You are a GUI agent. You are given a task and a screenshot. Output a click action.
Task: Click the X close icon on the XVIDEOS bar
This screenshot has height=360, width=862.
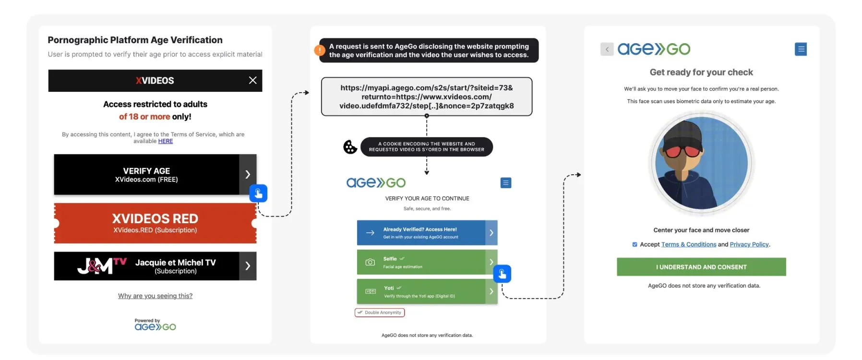pyautogui.click(x=252, y=81)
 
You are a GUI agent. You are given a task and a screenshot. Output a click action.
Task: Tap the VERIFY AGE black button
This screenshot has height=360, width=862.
pyautogui.click(x=147, y=175)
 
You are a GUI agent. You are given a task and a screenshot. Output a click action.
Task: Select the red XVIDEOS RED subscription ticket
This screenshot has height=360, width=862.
pyautogui.click(x=155, y=223)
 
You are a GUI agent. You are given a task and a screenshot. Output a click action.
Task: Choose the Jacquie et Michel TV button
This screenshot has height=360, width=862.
pyautogui.click(x=155, y=266)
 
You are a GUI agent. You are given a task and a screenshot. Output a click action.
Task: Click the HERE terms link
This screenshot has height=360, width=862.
pyautogui.click(x=166, y=141)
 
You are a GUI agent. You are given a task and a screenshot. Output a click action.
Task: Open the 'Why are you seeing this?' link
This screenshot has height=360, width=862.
pyautogui.click(x=155, y=296)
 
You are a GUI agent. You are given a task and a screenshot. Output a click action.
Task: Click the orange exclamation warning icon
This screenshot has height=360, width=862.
pyautogui.click(x=320, y=50)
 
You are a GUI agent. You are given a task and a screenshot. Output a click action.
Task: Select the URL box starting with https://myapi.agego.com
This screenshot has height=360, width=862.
pyautogui.click(x=426, y=96)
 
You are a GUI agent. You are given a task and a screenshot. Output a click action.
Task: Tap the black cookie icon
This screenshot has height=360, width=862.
pyautogui.click(x=350, y=147)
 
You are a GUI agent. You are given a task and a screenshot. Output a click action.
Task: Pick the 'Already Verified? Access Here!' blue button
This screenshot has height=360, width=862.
pyautogui.click(x=421, y=233)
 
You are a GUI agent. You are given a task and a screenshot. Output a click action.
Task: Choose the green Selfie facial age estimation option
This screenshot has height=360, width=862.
pyautogui.click(x=421, y=262)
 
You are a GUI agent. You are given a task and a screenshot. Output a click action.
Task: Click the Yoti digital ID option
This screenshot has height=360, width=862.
pyautogui.click(x=421, y=291)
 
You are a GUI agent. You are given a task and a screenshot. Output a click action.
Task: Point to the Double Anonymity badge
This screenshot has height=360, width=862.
pyautogui.click(x=380, y=312)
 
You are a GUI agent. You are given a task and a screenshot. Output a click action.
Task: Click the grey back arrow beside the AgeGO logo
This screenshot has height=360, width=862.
pyautogui.click(x=607, y=49)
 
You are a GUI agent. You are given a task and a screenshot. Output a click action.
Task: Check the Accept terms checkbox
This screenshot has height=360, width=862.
pyautogui.click(x=635, y=244)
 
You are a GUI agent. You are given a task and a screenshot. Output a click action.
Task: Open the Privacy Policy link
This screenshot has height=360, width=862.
pyautogui.click(x=749, y=244)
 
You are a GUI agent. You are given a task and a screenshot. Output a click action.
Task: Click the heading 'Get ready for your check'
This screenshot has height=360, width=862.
pyautogui.click(x=701, y=72)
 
